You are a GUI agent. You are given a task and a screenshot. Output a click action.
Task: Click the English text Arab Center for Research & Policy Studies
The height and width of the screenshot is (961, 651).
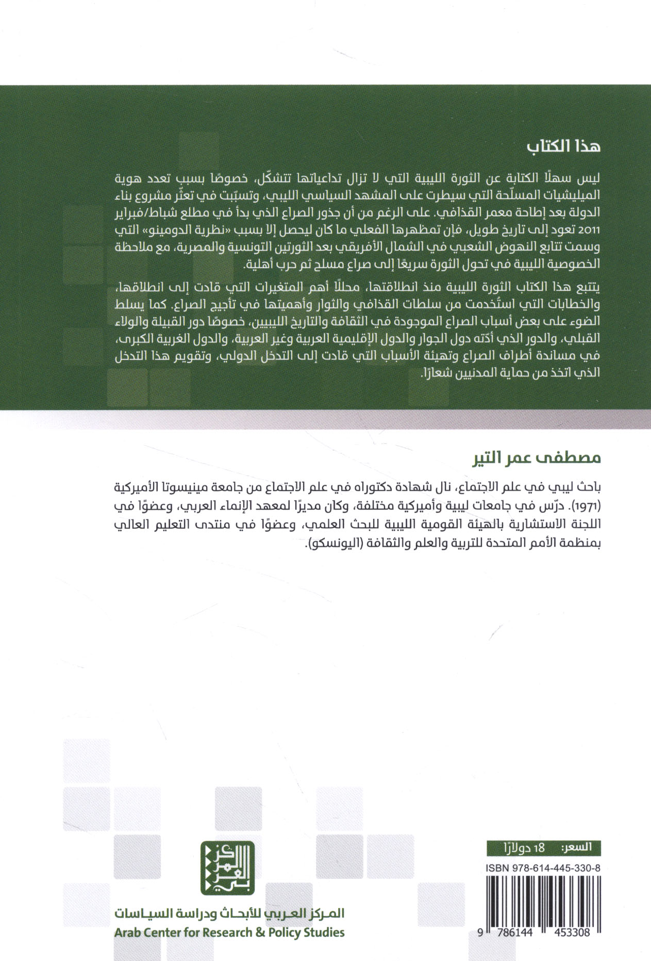coord(227,932)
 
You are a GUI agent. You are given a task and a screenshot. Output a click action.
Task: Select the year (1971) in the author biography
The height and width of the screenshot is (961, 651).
coord(591,503)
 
